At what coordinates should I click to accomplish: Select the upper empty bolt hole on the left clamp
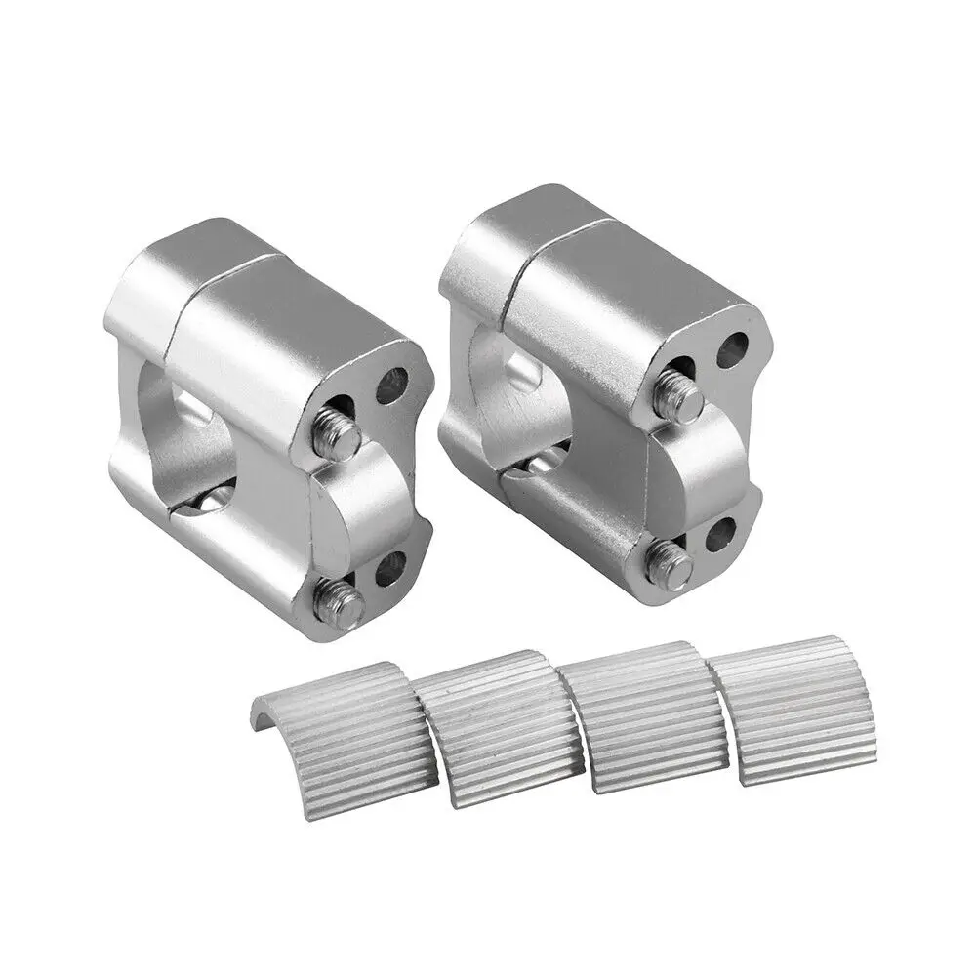coord(391,386)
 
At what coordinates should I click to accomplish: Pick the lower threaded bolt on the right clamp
coord(671,564)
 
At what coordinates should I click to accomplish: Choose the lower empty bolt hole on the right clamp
coord(722,533)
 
